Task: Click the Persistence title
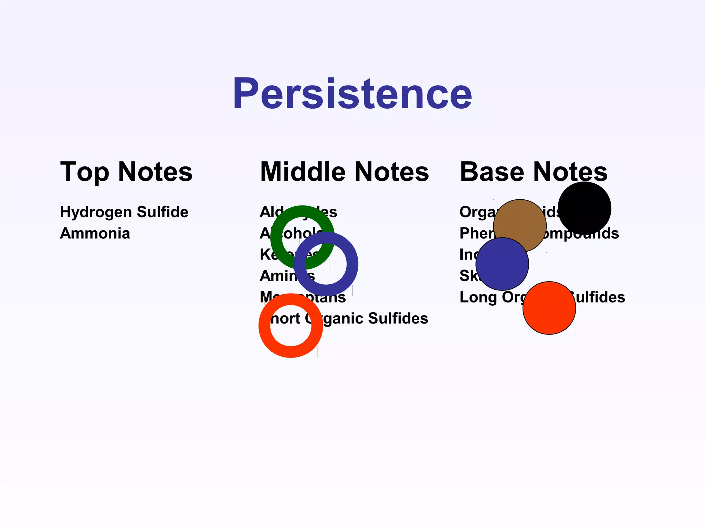tap(352, 94)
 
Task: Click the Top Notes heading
tap(126, 172)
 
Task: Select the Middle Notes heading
tap(344, 172)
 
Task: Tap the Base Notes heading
tap(534, 172)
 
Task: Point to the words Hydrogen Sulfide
tap(124, 212)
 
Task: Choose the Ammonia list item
tap(95, 233)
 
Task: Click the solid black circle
tap(585, 208)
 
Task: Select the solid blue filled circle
tap(502, 264)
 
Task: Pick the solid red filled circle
tap(549, 308)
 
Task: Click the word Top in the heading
tap(84, 172)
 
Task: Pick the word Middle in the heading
tap(303, 172)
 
